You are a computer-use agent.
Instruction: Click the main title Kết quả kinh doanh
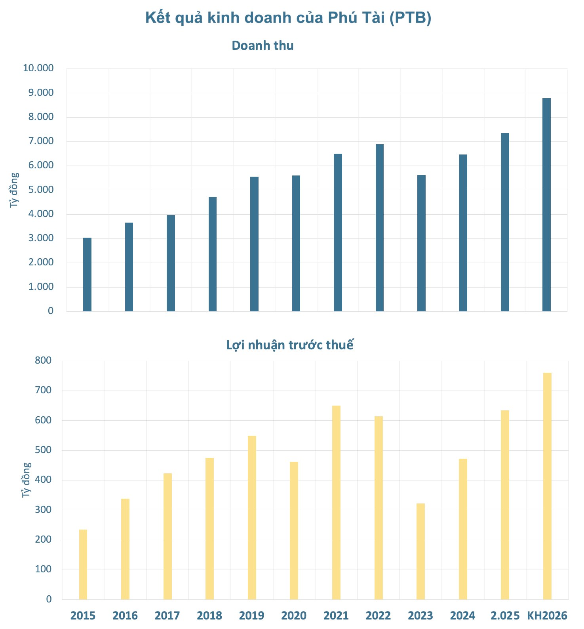click(x=288, y=18)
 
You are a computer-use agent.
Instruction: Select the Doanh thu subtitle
click(x=263, y=46)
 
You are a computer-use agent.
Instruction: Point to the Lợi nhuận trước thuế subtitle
click(x=289, y=345)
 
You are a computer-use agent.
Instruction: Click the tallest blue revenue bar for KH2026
click(x=546, y=204)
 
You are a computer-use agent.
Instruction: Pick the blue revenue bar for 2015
click(x=87, y=274)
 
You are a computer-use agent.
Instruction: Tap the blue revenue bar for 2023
click(x=421, y=243)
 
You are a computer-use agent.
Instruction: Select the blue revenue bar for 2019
click(x=254, y=244)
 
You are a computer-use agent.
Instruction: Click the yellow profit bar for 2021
click(x=336, y=502)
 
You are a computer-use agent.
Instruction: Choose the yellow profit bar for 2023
click(x=420, y=551)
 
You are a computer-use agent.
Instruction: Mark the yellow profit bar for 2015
click(x=83, y=564)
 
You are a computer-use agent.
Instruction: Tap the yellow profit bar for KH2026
click(x=547, y=486)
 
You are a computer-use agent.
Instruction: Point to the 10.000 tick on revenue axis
click(x=38, y=68)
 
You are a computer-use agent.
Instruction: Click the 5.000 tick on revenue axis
click(x=41, y=190)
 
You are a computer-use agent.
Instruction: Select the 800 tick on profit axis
click(x=43, y=360)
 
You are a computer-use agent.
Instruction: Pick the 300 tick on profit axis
click(x=43, y=510)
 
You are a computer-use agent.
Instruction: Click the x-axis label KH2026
click(x=547, y=616)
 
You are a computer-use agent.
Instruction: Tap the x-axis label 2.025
click(x=505, y=616)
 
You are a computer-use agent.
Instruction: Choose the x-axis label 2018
click(x=209, y=616)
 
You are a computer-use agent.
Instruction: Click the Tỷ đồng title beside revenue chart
click(x=14, y=190)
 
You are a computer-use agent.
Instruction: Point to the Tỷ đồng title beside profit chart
click(x=26, y=480)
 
